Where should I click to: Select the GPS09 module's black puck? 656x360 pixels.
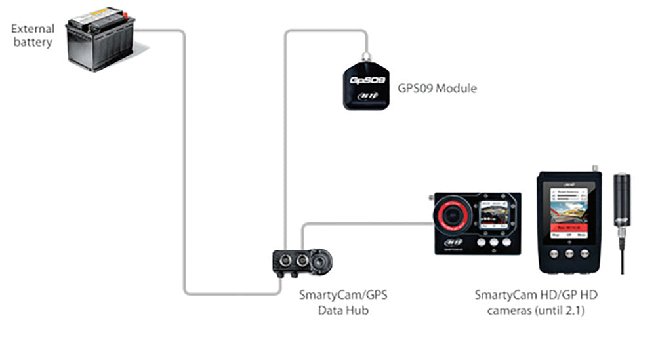(x=367, y=86)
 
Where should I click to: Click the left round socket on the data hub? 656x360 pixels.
(x=286, y=260)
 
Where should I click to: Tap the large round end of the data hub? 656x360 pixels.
(x=321, y=261)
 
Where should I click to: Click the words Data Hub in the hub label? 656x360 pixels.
(x=343, y=310)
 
